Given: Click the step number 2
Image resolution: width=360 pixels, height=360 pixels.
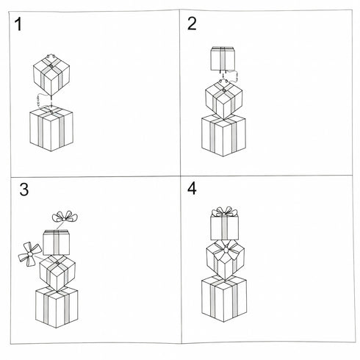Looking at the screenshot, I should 192,24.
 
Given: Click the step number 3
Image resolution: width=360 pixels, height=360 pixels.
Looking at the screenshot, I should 24,190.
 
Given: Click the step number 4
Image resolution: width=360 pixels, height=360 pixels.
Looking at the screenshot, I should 192,189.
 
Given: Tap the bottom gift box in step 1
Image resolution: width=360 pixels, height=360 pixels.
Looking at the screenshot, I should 51,130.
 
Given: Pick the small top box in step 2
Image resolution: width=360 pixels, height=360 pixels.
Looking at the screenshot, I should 222,57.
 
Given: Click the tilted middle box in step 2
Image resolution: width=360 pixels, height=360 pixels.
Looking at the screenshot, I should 223,98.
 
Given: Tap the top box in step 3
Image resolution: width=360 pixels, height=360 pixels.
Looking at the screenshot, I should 56,242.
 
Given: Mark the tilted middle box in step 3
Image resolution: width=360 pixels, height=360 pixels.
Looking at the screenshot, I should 57,271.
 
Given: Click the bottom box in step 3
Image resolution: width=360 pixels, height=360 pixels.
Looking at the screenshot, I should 57,307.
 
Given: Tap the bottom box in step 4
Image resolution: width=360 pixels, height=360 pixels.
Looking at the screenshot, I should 224,300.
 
